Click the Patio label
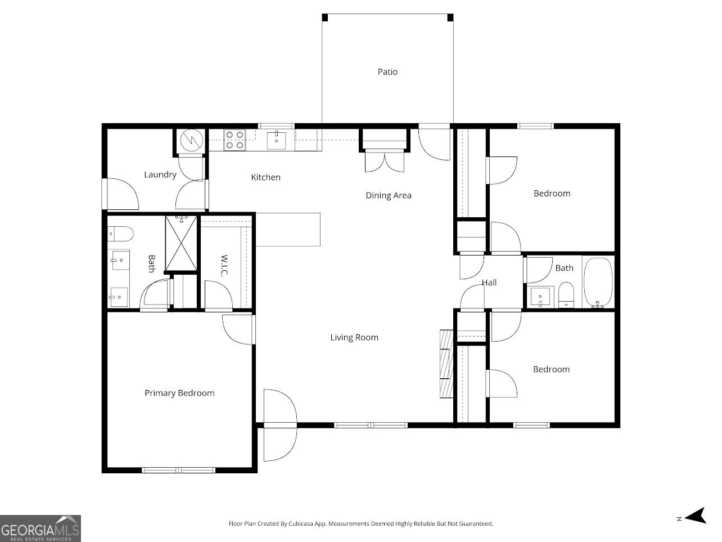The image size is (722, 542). (x=387, y=72)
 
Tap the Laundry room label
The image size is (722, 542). (x=160, y=174)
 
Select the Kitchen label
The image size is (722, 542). (x=265, y=177)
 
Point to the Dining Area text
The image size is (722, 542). (x=389, y=195)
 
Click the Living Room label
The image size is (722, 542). (x=354, y=338)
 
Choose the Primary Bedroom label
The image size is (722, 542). (x=179, y=393)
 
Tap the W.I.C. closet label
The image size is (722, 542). (x=224, y=266)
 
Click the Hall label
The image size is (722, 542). (x=489, y=283)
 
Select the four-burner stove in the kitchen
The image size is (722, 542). (x=234, y=140)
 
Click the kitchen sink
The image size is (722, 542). (x=277, y=140)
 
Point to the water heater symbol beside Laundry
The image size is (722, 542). (x=189, y=141)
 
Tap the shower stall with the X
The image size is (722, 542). (x=182, y=244)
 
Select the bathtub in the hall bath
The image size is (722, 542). (x=598, y=283)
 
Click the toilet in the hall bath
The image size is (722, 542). (x=566, y=295)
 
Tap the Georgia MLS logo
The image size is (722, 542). (x=40, y=528)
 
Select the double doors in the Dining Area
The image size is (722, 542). (x=384, y=161)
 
